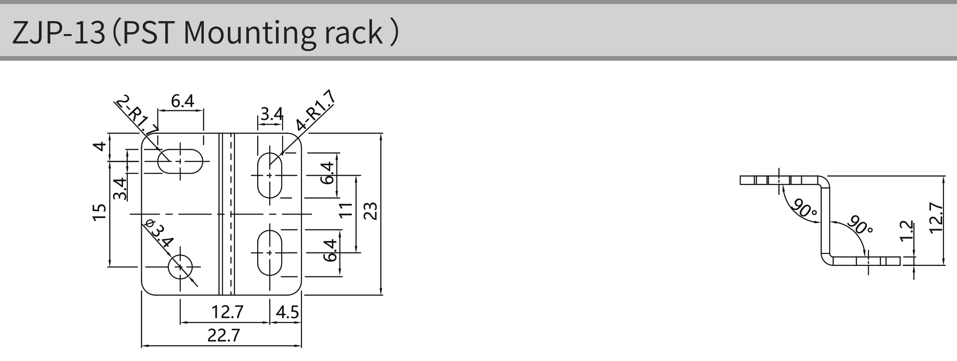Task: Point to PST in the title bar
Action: pyautogui.click(x=147, y=33)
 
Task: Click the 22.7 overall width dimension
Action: pyautogui.click(x=224, y=335)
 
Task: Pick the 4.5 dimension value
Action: pyautogui.click(x=287, y=313)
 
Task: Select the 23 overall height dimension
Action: pyautogui.click(x=370, y=211)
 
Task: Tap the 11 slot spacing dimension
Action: pyautogui.click(x=345, y=210)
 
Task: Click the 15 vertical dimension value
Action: pyautogui.click(x=99, y=212)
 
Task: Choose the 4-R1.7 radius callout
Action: pyautogui.click(x=315, y=111)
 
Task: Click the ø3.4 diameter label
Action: pyautogui.click(x=158, y=234)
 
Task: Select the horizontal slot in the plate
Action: pyautogui.click(x=181, y=161)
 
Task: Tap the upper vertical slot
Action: pyautogui.click(x=270, y=175)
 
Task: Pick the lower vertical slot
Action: pyautogui.click(x=270, y=253)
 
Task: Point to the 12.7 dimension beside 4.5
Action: pyautogui.click(x=227, y=313)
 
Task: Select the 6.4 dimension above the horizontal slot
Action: pyautogui.click(x=182, y=101)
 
